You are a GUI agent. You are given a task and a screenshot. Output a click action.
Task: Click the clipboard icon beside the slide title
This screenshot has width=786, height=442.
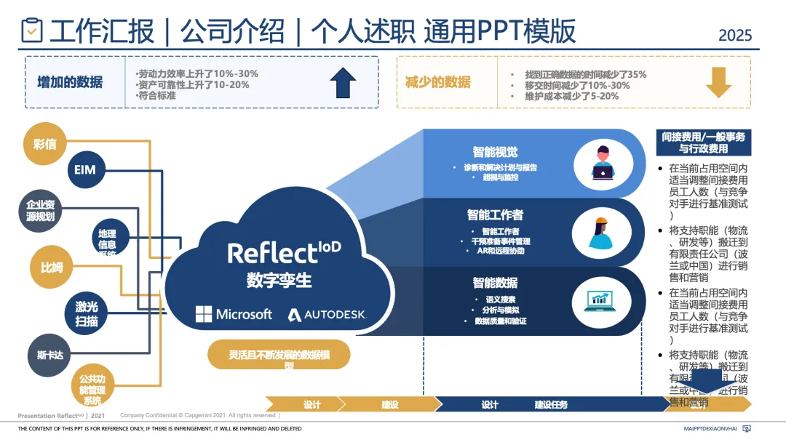point(32,31)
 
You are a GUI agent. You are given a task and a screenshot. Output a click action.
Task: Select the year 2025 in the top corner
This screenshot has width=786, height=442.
point(735,35)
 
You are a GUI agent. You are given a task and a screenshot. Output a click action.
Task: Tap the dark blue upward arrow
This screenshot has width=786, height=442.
point(343,82)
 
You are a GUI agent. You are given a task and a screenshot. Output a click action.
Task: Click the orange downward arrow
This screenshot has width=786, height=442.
point(718,82)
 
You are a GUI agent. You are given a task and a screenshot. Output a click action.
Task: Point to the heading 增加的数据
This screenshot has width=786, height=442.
point(70,82)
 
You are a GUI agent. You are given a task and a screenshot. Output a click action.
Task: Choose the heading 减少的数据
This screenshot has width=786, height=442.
point(437,82)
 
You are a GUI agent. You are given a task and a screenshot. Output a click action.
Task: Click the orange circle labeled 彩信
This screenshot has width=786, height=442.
point(45,143)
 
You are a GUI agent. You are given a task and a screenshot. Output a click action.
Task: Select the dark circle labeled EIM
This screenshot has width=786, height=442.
point(85,171)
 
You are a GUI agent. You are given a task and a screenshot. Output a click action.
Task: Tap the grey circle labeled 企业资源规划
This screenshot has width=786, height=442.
point(41,210)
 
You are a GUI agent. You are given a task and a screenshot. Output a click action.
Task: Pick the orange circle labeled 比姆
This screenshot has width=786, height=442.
point(52,267)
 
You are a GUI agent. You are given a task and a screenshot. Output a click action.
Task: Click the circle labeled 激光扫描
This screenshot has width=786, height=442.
point(87,313)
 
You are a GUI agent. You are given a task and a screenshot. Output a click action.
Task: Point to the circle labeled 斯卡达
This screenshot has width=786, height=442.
point(50,355)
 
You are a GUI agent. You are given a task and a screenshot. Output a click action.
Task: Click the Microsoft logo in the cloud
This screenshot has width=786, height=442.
point(234,314)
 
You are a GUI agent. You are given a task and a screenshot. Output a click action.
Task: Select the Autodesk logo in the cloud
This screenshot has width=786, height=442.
point(327,315)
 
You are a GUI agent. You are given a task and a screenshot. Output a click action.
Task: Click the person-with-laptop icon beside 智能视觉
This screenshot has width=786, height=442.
point(603,161)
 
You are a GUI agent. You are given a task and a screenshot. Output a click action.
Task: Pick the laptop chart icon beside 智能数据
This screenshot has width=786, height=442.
point(601,300)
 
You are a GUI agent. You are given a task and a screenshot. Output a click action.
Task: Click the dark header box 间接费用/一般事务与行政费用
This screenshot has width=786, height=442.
point(703,142)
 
